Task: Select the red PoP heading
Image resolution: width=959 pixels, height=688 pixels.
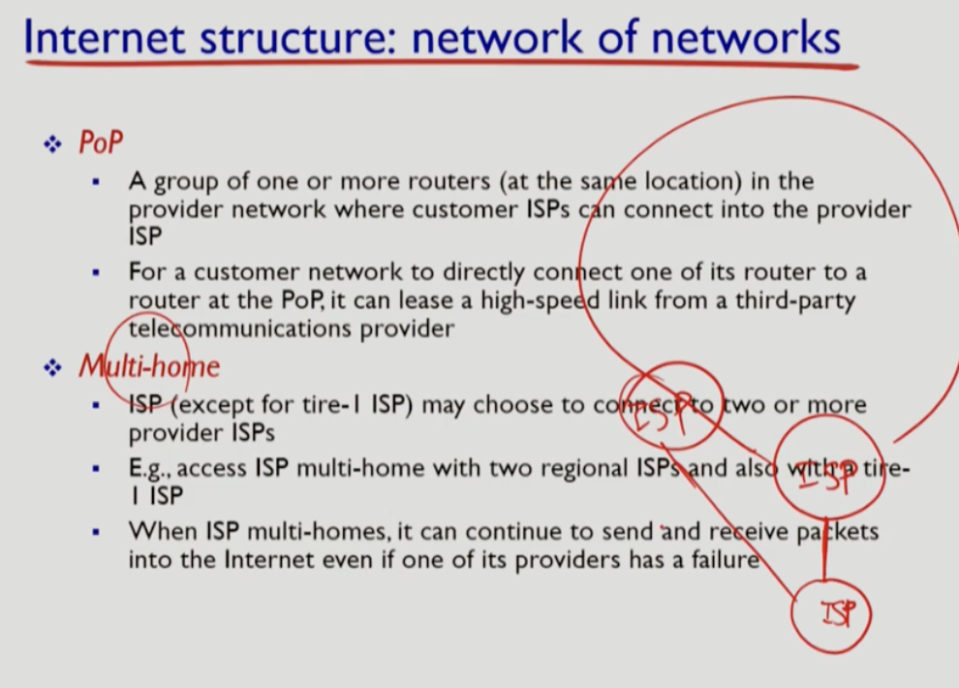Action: [101, 143]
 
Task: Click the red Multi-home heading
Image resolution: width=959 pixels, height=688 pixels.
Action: [149, 366]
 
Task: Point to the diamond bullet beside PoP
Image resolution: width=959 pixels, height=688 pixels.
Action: [52, 145]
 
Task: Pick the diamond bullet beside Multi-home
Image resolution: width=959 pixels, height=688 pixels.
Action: [52, 368]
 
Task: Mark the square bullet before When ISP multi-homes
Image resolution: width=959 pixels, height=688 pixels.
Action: [96, 532]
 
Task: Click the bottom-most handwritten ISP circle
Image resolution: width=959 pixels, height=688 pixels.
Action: [831, 612]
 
